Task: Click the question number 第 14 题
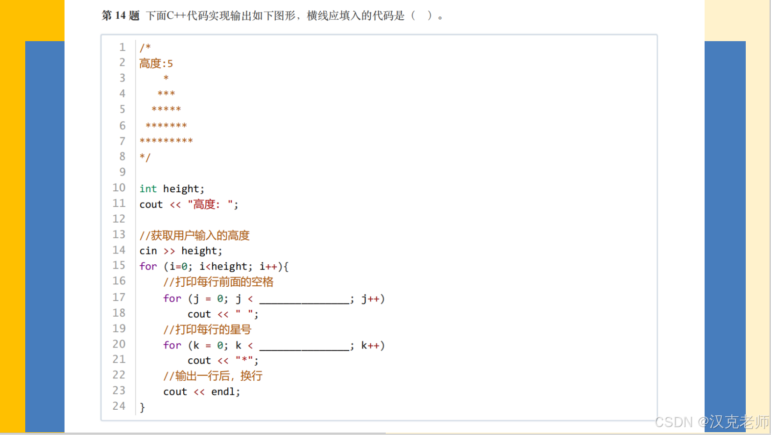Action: [x=120, y=15]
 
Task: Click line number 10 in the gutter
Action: [x=119, y=188]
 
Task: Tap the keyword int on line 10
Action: [x=148, y=188]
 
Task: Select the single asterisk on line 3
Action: [x=166, y=78]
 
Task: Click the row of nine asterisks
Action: [x=166, y=141]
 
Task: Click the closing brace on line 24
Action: [x=142, y=407]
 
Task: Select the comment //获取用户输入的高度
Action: [x=195, y=235]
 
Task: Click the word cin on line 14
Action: [x=148, y=251]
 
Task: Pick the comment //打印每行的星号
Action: [x=207, y=329]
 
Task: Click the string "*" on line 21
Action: [x=245, y=360]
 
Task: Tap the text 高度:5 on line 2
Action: [x=156, y=63]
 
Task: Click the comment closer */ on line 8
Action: [x=145, y=157]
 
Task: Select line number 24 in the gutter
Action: [x=119, y=406]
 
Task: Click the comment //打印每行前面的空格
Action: [x=218, y=282]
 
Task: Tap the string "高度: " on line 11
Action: [x=210, y=204]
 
